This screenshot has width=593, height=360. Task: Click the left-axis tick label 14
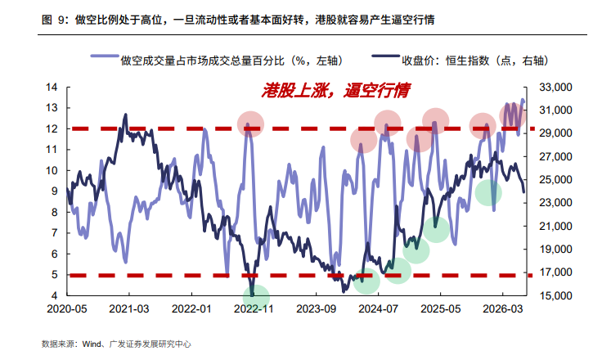tap(52, 88)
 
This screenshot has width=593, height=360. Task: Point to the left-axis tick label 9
tap(55, 191)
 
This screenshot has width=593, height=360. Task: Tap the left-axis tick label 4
tap(55, 295)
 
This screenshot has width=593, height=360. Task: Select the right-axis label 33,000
tap(555, 88)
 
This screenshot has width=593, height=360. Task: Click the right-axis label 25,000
tap(555, 180)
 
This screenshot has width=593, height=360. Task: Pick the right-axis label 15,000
tap(555, 295)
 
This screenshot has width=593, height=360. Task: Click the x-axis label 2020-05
tap(67, 309)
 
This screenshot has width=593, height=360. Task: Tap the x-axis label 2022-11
tap(254, 309)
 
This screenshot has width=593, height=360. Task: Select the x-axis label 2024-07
tap(378, 309)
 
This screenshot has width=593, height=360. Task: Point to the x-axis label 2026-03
tap(502, 309)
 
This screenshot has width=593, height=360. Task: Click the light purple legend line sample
tap(105, 56)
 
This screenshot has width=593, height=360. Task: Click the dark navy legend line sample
tap(386, 56)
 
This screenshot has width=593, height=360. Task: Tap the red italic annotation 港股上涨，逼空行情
tap(335, 91)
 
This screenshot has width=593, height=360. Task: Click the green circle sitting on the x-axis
tap(256, 297)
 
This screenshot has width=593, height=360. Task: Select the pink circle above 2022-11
tap(250, 124)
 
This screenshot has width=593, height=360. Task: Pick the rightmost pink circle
tap(513, 115)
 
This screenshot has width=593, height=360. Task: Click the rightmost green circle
tap(488, 193)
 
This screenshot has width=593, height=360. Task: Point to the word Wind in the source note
tap(92, 344)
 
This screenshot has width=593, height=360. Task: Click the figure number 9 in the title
tap(61, 20)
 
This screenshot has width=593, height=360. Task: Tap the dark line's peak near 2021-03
tap(126, 115)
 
